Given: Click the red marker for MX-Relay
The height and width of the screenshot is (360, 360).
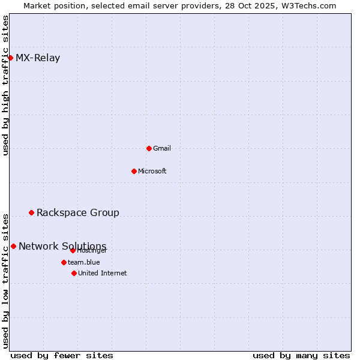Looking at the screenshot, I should pos(10,58).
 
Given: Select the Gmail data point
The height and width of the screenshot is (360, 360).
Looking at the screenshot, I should pos(149,148).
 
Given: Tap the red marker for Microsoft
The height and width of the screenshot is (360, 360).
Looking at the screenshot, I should pos(134,171).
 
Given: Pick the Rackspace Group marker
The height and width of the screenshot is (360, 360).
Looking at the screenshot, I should pos(31,212).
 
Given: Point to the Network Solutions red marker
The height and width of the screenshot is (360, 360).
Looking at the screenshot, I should pos(13,246).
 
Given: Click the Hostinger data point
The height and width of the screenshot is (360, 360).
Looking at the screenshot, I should pos(73,250).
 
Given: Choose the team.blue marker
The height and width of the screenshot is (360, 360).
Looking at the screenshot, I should pos(64,262).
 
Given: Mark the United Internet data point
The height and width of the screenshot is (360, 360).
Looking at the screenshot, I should pos(74,273).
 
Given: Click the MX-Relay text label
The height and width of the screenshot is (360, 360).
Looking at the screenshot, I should pos(38,58).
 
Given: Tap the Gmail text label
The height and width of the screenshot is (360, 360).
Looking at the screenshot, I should pos(162,148).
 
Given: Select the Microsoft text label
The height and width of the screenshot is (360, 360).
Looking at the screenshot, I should pos(152,171).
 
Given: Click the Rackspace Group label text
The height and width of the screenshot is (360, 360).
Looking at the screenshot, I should pos(78,212).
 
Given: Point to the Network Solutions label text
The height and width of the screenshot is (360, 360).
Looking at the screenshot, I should pos(62,246).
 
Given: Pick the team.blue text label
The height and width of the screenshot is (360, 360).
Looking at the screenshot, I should pos(84,262).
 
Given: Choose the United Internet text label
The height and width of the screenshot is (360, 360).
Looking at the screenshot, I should pos(103,273).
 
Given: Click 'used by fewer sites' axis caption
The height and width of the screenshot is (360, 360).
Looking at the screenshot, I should pos(62,355).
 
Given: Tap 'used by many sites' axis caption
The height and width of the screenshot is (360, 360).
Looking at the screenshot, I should pos(301,355).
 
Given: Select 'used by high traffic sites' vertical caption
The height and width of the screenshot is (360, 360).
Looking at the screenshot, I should pos(5,85).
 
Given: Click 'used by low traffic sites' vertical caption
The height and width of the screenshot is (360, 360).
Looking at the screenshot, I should pos(5,281).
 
